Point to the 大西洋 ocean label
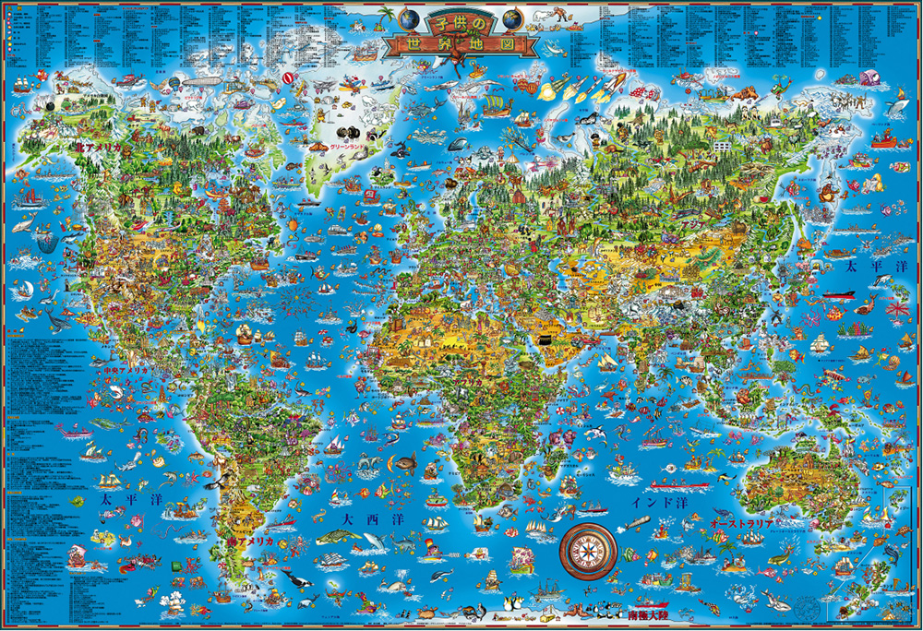(360, 522)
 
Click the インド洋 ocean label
(660, 504)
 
